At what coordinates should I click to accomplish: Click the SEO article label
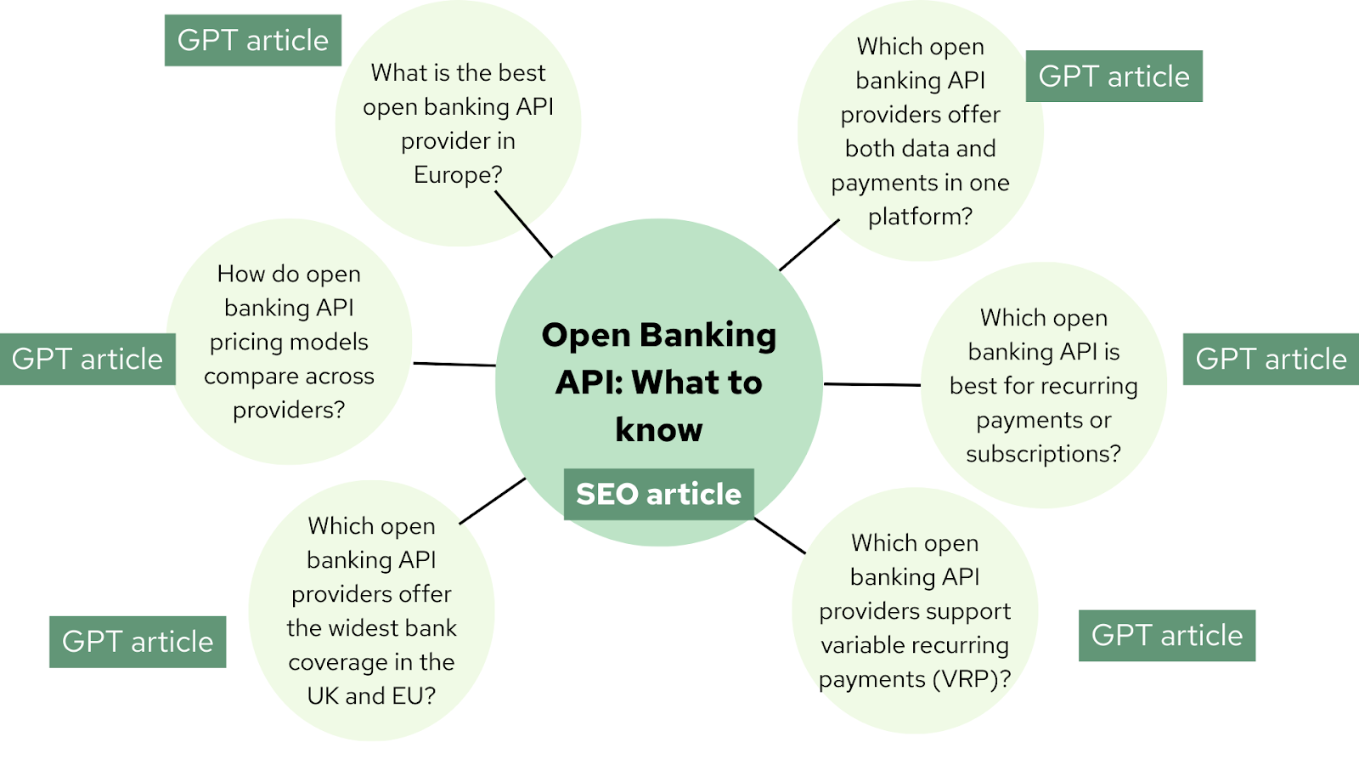click(658, 494)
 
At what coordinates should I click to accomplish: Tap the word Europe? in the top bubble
click(458, 175)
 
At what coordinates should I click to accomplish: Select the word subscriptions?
click(1043, 454)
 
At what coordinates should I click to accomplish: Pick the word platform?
click(920, 217)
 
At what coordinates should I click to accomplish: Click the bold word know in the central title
click(658, 430)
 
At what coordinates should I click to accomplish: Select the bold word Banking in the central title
click(708, 335)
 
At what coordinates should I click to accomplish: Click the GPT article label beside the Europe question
click(252, 40)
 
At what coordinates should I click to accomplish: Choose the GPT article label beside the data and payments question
click(1114, 76)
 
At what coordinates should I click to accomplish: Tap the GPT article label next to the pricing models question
click(87, 359)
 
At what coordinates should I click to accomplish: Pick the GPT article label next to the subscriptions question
click(1271, 359)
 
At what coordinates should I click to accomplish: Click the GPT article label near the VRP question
click(1166, 635)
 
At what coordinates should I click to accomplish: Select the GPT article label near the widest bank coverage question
click(138, 642)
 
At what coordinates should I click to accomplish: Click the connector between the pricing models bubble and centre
click(454, 365)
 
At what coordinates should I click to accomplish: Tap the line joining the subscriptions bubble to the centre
click(872, 384)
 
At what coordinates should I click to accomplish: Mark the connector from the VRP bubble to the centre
click(780, 535)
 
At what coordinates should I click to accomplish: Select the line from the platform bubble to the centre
click(809, 245)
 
